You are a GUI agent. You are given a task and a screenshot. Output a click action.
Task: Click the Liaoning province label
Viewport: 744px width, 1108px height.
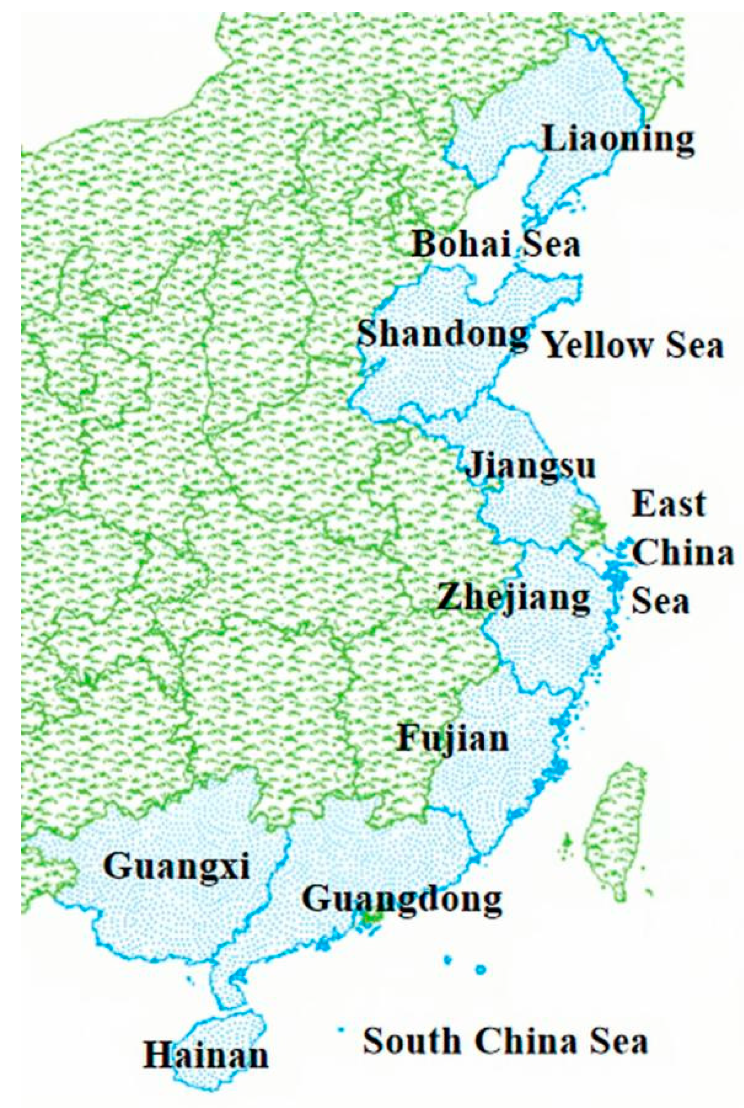[x=618, y=140]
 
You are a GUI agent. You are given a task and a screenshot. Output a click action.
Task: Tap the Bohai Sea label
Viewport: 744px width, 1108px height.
[x=496, y=245]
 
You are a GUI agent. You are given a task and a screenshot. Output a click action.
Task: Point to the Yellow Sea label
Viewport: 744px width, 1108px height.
[x=633, y=346]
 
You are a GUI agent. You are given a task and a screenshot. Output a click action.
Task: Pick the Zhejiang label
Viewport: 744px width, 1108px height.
[x=514, y=598]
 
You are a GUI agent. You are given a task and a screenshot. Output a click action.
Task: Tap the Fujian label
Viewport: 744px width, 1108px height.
[x=453, y=739]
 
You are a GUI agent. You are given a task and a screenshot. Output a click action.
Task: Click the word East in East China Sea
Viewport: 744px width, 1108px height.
[x=668, y=505]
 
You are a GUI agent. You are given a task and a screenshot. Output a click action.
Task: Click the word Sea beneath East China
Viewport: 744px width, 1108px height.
[x=660, y=601]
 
